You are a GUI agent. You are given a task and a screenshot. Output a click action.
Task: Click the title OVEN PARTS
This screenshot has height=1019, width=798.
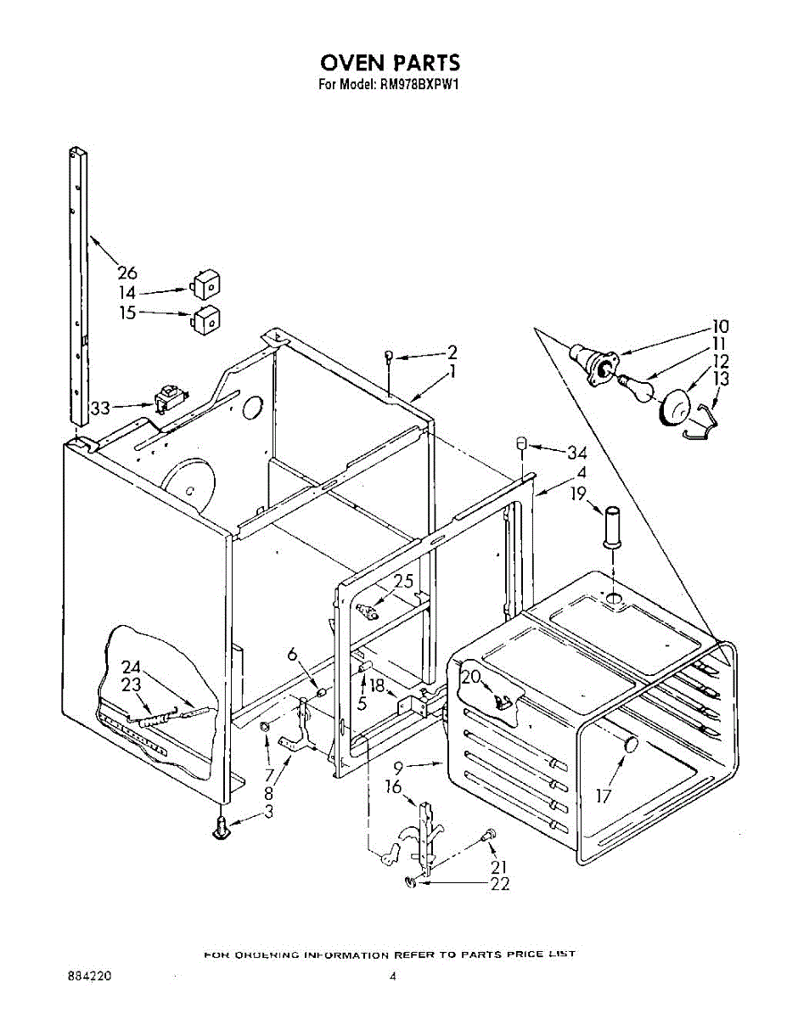click(390, 63)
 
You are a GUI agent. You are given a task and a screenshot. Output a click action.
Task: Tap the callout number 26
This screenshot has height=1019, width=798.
click(127, 273)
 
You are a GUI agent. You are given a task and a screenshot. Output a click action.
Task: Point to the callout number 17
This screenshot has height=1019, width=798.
click(604, 796)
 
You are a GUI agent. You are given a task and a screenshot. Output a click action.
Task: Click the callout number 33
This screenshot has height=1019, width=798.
click(101, 408)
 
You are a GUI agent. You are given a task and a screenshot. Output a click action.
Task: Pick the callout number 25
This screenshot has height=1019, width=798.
click(403, 582)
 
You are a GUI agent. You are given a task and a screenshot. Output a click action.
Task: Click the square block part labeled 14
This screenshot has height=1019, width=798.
click(205, 284)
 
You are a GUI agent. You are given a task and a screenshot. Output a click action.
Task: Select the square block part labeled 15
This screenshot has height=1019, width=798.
click(205, 319)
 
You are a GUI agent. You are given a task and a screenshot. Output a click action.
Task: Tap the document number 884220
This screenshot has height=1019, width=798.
click(88, 977)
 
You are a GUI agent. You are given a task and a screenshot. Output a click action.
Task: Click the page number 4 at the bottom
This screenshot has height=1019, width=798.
click(392, 977)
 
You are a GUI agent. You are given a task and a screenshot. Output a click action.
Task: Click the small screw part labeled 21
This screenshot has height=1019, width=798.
click(488, 836)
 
